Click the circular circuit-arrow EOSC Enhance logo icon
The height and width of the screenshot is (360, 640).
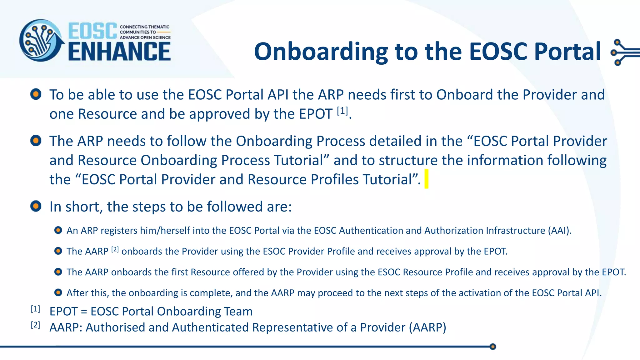pyautogui.click(x=41, y=41)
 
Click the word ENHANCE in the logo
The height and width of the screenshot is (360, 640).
pyautogui.click(x=119, y=52)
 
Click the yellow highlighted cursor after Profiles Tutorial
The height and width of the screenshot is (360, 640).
pyautogui.click(x=426, y=179)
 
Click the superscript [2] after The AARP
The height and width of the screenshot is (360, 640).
pyautogui.click(x=115, y=249)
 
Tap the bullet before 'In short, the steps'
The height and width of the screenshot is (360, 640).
pyautogui.click(x=36, y=206)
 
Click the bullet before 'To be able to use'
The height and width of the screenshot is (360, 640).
pyautogui.click(x=36, y=94)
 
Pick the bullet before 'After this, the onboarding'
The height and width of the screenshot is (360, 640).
pyautogui.click(x=58, y=292)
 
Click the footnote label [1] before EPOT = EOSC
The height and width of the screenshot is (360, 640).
pyautogui.click(x=35, y=309)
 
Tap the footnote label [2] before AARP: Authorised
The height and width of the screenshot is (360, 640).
pyautogui.click(x=35, y=325)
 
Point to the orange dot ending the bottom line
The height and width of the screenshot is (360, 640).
pyautogui.click(x=493, y=347)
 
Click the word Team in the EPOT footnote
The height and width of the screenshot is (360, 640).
pyautogui.click(x=238, y=312)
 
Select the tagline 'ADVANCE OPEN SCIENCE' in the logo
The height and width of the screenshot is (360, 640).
pyautogui.click(x=145, y=37)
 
